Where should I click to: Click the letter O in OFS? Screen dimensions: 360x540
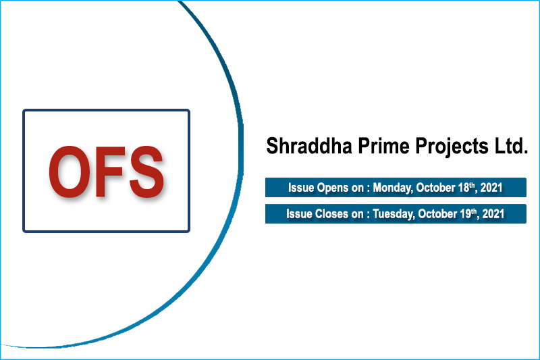pos(70,172)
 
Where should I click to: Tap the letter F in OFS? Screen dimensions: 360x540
pos(109,172)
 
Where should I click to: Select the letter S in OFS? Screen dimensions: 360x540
pos(143,172)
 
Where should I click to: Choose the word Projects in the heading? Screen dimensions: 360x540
pos(441,147)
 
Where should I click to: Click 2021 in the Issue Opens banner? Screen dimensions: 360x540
pos(494,188)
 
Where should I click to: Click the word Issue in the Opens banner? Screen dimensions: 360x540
pos(300,188)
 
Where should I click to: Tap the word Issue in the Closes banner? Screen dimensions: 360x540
pos(298,214)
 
